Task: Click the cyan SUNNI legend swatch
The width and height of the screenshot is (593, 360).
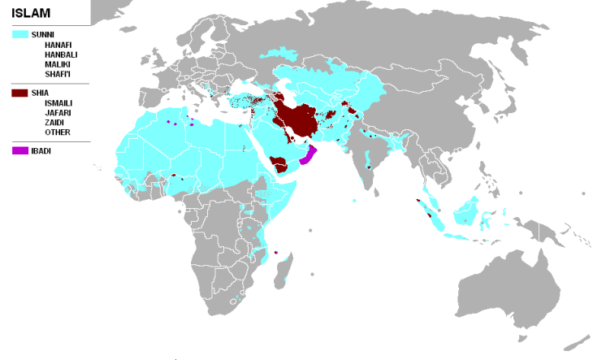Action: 20,35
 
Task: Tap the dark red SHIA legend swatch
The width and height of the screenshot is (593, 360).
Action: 20,93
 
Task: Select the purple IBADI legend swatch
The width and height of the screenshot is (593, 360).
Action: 20,151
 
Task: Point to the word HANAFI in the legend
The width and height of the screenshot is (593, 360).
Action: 59,45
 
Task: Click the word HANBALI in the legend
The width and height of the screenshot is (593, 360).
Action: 61,54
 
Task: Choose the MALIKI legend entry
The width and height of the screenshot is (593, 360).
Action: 58,64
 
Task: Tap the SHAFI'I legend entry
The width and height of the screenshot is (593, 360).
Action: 59,74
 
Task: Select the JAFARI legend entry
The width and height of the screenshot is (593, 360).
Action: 58,113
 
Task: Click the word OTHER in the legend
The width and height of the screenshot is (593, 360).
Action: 57,132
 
